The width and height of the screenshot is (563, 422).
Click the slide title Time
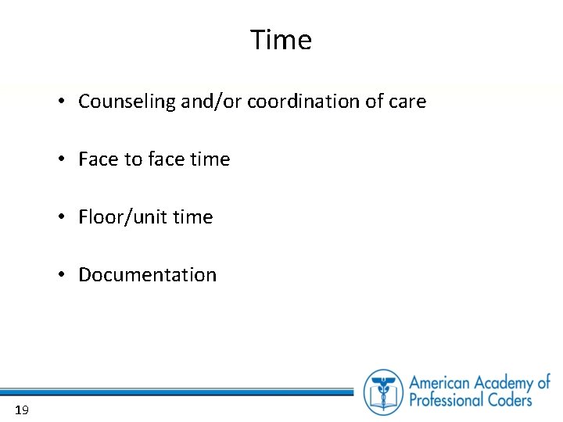[x=281, y=40]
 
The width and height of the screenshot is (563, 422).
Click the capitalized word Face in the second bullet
[x=98, y=159]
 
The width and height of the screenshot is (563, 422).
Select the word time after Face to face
[x=210, y=159]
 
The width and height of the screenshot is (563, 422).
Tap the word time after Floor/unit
[x=193, y=217]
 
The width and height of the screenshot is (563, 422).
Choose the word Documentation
[x=147, y=275]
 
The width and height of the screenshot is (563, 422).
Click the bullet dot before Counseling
[x=60, y=102]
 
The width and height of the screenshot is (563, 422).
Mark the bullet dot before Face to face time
[x=60, y=159]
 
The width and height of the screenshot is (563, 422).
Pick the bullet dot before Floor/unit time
[x=60, y=217]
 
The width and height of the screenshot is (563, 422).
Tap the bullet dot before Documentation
[x=60, y=275]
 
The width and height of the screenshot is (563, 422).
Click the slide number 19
[x=21, y=410]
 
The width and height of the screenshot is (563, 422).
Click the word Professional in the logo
[x=450, y=401]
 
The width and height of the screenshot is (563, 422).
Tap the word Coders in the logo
[x=512, y=401]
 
